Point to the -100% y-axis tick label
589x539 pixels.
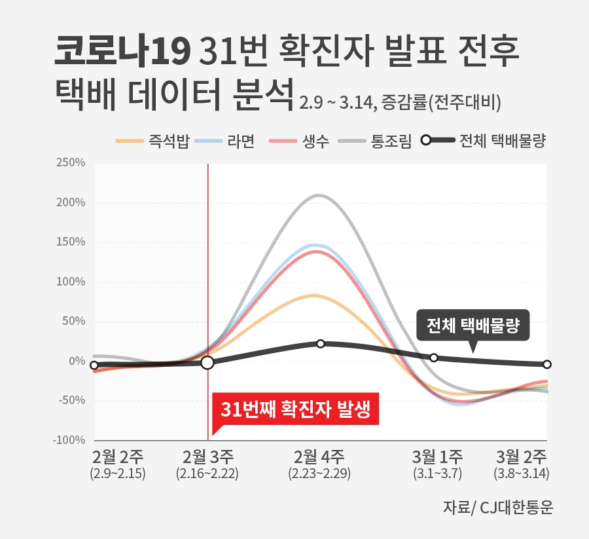[x=69, y=440]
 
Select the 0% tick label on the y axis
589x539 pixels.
[x=77, y=361]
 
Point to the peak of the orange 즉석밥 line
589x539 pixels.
[x=316, y=295]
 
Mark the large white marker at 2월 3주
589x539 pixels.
[x=207, y=362]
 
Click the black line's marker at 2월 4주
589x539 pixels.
[x=321, y=344]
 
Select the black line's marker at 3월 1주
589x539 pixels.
[x=434, y=358]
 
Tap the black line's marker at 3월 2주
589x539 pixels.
[x=547, y=364]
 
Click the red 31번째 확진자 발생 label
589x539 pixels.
[x=296, y=410]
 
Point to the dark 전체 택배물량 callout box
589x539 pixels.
[x=472, y=326]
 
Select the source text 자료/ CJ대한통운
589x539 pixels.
[x=497, y=507]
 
